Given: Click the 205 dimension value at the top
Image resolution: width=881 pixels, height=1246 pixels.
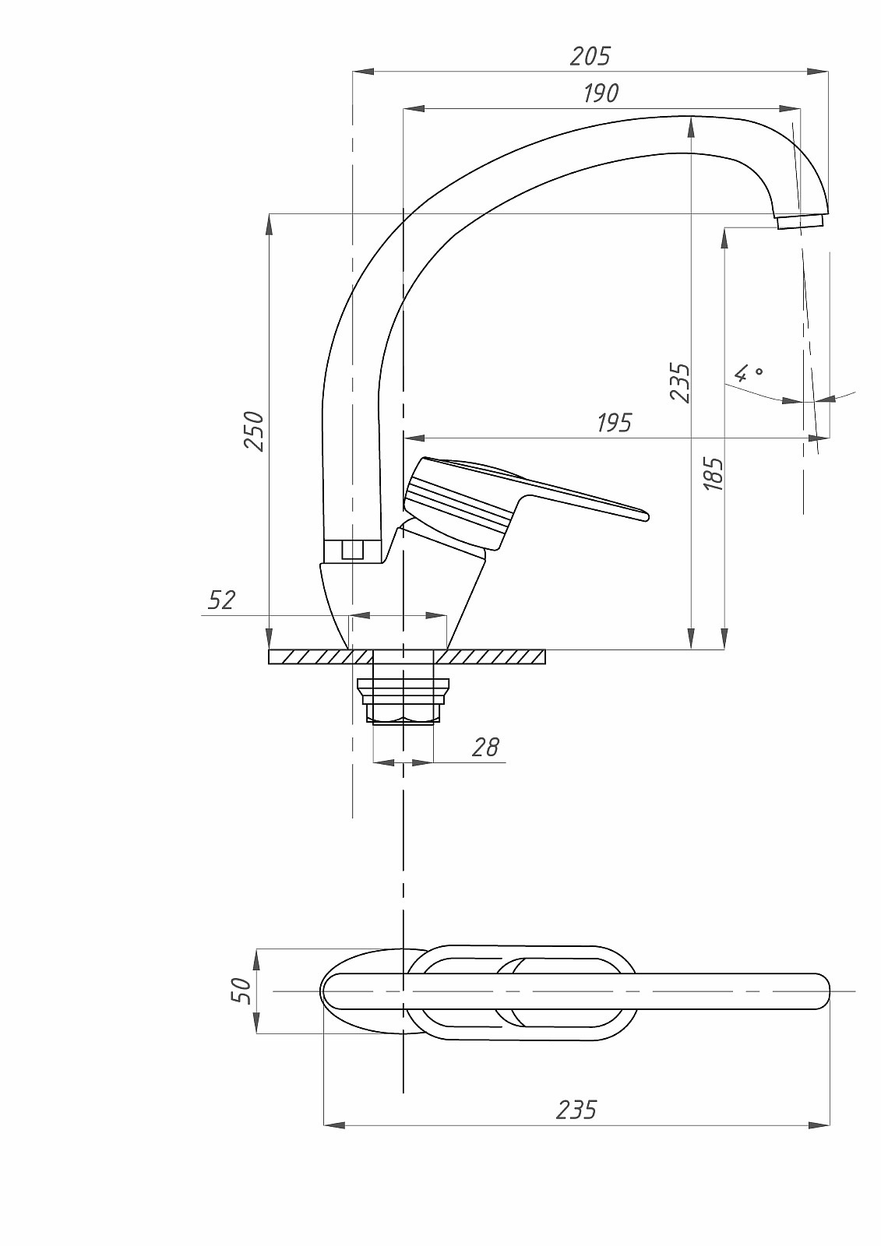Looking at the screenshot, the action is [590, 56].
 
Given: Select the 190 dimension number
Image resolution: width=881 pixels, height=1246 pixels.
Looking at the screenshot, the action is [601, 93].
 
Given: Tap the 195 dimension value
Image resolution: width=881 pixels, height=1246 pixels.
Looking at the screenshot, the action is [615, 424].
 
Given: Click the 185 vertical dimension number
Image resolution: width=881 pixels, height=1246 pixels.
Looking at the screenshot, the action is [714, 473].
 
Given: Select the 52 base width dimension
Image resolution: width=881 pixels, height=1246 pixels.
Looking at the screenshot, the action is [221, 600].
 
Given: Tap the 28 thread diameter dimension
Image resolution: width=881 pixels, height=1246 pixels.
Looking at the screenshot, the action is [485, 748].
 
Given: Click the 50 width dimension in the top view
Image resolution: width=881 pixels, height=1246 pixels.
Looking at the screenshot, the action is [241, 991].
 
